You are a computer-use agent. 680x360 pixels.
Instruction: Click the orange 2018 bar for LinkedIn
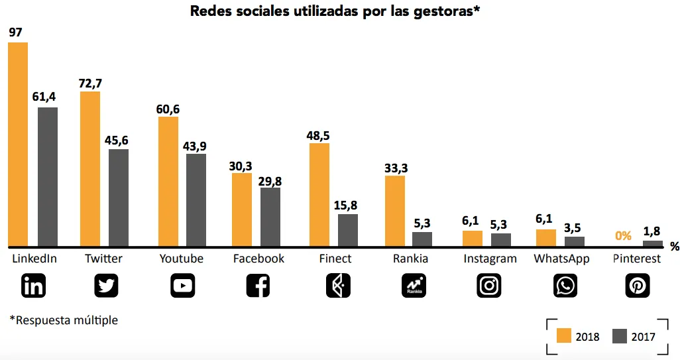pos(18,144)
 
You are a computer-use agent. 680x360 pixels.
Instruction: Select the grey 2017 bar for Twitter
pos(119,198)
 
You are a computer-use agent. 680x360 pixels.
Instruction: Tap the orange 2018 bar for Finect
pos(319,194)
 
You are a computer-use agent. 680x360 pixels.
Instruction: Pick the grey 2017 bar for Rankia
pos(422,239)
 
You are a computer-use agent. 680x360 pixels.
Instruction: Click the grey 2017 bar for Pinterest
pos(652,243)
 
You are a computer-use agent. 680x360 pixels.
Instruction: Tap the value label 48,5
pos(319,135)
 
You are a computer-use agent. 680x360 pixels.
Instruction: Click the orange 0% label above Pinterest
pos(623,235)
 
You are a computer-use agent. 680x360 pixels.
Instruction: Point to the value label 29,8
pos(270,180)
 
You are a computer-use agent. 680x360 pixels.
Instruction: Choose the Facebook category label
pos(258,259)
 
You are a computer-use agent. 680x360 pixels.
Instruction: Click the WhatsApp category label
pos(561,259)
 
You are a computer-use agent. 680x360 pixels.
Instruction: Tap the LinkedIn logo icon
pos(34,286)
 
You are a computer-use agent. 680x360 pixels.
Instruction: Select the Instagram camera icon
pos(489,286)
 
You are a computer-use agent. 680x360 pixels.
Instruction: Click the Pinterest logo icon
pos(638,286)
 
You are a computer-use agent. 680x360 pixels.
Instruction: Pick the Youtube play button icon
pos(182,286)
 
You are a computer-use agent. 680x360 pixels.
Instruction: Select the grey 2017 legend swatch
pos(620,335)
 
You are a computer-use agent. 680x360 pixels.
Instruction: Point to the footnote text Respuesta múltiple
pos(64,320)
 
